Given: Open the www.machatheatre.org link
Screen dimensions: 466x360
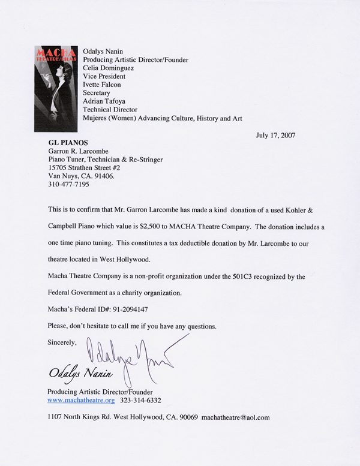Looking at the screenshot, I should pos(80,399).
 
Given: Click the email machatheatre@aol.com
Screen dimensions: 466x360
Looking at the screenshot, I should pos(235,416).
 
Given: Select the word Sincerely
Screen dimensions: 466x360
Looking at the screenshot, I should pos(62,342).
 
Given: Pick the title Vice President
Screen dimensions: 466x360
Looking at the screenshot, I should pos(104,77).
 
